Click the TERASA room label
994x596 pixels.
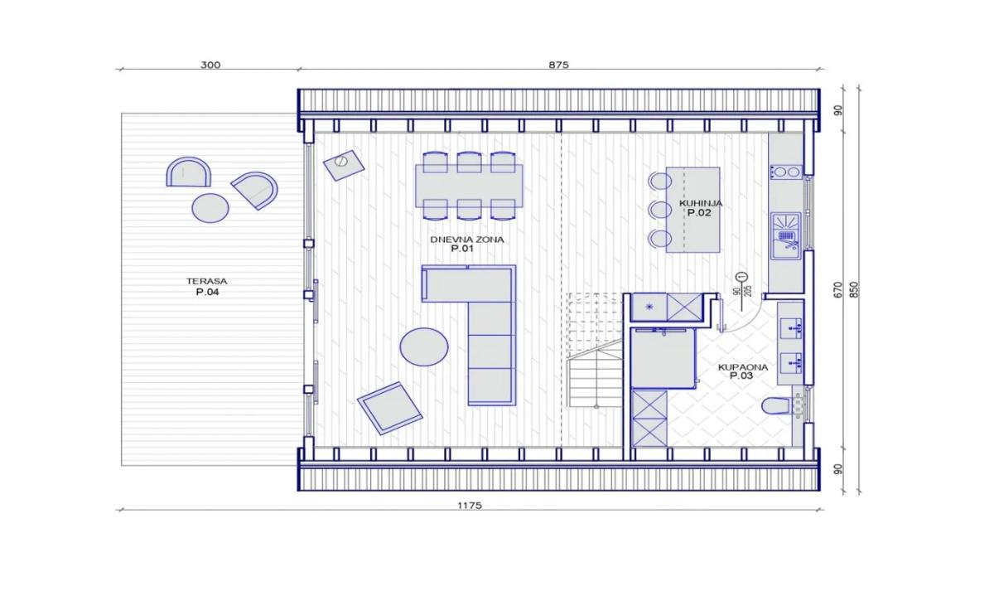207,281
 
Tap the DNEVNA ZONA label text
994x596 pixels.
467,240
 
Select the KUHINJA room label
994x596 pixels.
701,203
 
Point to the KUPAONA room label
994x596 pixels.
743,367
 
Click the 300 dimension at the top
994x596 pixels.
210,65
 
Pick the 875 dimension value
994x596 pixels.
558,65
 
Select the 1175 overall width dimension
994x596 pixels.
470,506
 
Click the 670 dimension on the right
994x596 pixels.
837,290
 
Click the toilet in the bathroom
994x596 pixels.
776,405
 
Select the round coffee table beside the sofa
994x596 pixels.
424,346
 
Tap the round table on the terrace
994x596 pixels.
210,208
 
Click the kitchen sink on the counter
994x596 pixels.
786,236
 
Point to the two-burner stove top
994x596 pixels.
786,172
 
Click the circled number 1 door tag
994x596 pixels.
741,277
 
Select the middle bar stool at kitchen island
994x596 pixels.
660,210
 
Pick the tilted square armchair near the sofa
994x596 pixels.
389,408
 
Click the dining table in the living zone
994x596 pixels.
469,186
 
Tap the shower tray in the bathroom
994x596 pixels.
663,358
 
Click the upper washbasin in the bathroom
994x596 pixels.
791,328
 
